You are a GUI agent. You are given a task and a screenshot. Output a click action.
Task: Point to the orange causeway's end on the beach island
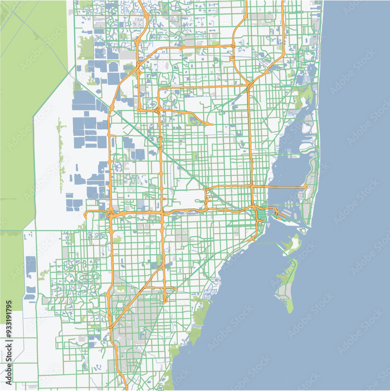tap(306, 187)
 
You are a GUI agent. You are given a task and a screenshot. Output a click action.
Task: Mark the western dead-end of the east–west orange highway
tap(86, 214)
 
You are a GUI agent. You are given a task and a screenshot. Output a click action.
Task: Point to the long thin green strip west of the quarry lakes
tap(60, 156)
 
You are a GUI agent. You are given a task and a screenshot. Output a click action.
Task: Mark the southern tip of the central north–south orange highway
tap(165, 301)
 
